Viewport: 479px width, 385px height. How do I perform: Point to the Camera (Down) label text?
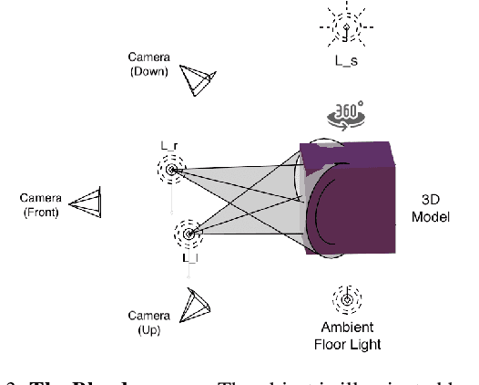point(148,65)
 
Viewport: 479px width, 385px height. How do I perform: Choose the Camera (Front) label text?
point(40,206)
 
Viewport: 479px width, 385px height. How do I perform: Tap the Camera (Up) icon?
point(196,305)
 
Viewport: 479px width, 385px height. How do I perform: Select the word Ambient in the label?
point(347,328)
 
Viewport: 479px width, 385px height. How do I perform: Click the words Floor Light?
point(347,344)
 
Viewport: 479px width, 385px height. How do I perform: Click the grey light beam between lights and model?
point(246,196)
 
